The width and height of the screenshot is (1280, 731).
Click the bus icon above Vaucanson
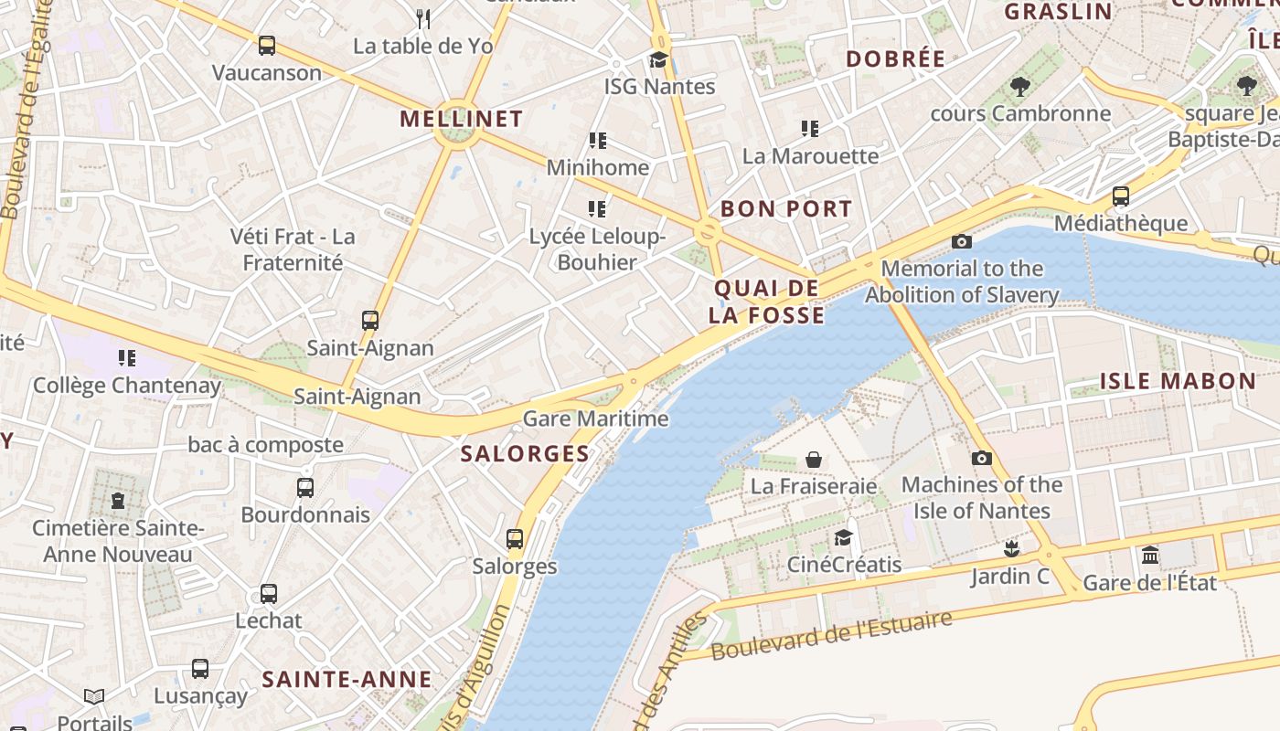pos(267,45)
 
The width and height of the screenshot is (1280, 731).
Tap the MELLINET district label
pos(461,119)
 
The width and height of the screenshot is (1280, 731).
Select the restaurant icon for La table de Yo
pos(422,18)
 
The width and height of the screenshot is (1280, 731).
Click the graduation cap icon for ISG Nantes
pos(658,60)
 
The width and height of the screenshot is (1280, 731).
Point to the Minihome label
pos(598,167)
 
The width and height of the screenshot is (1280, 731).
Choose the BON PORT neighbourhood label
pos(786,208)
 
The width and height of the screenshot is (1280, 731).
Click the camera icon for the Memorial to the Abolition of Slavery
pos(962,241)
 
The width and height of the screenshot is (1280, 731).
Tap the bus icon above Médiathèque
pos(1121,196)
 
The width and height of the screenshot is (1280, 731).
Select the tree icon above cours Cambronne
pos(1020,87)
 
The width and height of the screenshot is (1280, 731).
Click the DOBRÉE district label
pos(895,59)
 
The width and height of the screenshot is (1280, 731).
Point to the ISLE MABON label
pos(1178,381)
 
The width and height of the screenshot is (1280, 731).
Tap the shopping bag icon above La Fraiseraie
pos(814,459)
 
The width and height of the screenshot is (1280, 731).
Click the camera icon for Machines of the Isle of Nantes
pos(982,458)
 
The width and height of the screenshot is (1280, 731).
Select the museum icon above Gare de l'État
pos(1150,556)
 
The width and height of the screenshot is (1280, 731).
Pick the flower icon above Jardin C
pos(1010,549)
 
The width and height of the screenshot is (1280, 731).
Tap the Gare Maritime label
pos(595,419)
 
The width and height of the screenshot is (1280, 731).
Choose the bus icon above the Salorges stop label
pos(515,539)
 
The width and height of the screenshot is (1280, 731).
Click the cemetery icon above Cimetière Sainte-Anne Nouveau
pos(118,501)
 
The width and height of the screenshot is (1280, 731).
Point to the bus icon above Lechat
pos(269,594)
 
